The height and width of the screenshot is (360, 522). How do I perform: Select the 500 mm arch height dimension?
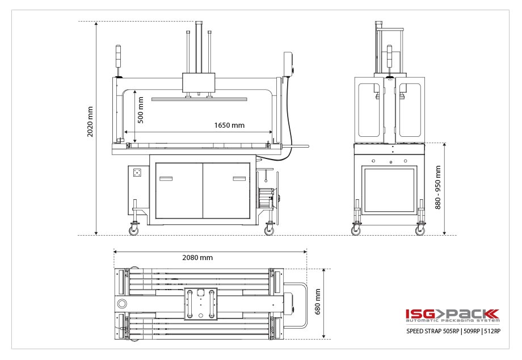(141, 109)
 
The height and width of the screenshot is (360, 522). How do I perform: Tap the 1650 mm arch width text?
(229, 125)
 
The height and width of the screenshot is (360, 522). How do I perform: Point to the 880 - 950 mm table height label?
(437, 187)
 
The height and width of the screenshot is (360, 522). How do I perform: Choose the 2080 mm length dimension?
(197, 257)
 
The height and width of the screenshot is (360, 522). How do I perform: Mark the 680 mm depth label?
(318, 301)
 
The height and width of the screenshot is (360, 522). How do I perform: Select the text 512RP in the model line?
(492, 332)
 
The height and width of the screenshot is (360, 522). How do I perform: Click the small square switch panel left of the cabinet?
(136, 173)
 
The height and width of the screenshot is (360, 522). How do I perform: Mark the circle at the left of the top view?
(121, 304)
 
